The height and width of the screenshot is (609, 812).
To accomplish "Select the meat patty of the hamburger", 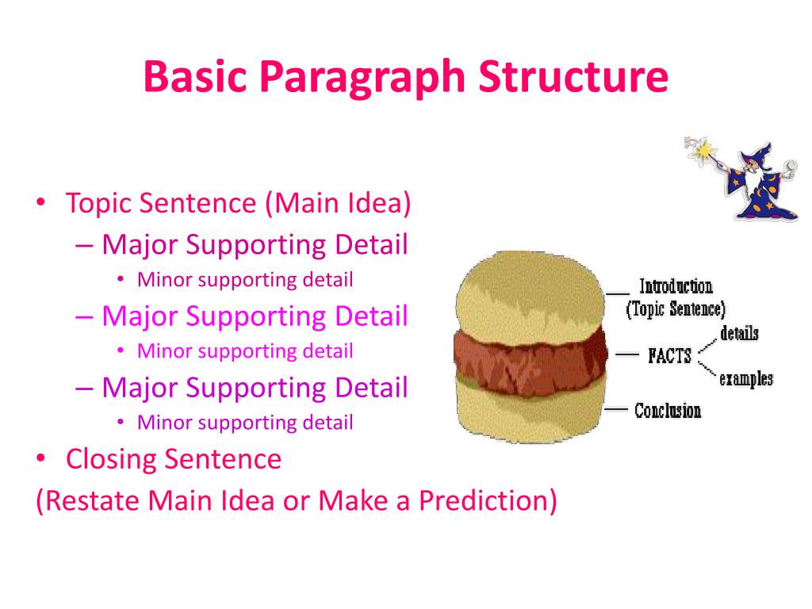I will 530,354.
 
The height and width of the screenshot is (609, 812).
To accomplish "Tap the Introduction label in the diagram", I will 676,287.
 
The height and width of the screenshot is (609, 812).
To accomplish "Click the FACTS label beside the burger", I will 669,356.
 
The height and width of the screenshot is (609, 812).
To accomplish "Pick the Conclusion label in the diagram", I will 668,411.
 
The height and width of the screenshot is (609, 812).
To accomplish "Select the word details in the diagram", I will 739,333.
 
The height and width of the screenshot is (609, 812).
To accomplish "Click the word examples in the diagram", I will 745,379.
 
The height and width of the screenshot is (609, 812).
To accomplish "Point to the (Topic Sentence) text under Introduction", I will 676,309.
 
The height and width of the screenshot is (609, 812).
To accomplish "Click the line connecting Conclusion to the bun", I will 617,409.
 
